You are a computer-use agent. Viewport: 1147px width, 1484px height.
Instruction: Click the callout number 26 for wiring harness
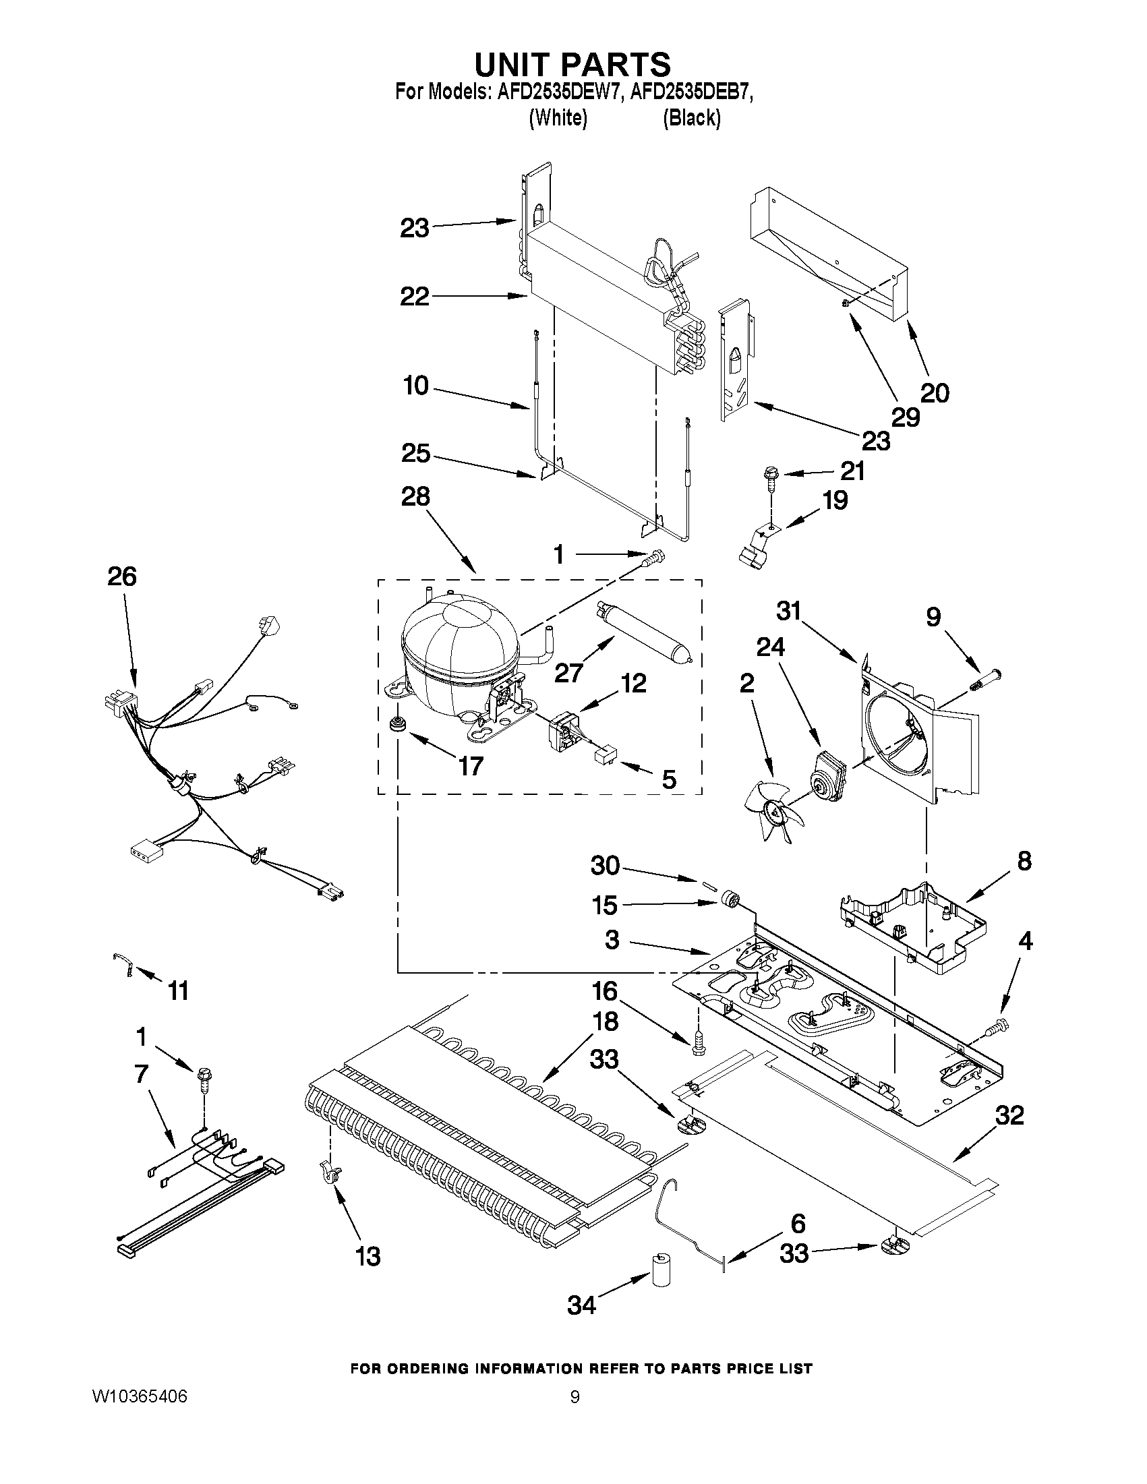pyautogui.click(x=121, y=576)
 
